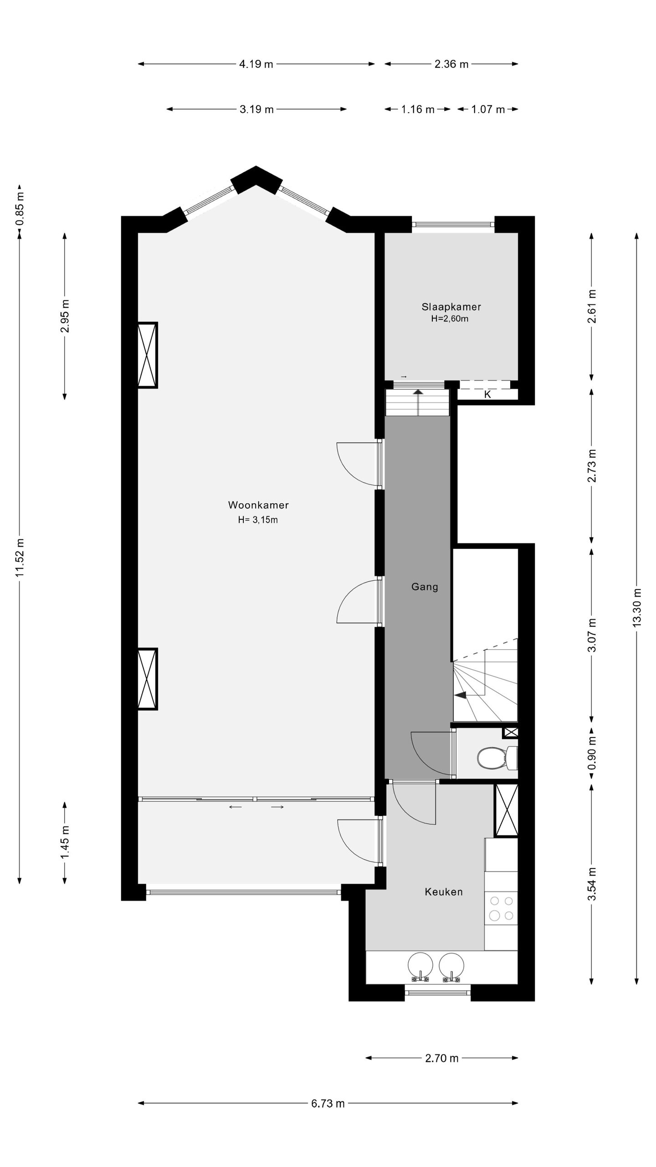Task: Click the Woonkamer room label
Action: tap(258, 505)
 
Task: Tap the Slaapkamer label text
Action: tap(451, 307)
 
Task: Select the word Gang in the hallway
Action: tap(425, 587)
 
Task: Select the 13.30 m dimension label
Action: tap(636, 607)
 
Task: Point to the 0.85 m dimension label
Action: tap(20, 209)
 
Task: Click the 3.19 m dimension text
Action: tap(256, 109)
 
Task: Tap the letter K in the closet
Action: tap(487, 395)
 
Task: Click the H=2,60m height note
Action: tap(450, 319)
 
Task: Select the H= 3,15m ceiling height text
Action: tap(258, 520)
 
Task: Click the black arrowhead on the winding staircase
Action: tap(461, 695)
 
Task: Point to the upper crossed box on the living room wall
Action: tap(147, 355)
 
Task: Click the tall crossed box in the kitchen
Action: tap(506, 810)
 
